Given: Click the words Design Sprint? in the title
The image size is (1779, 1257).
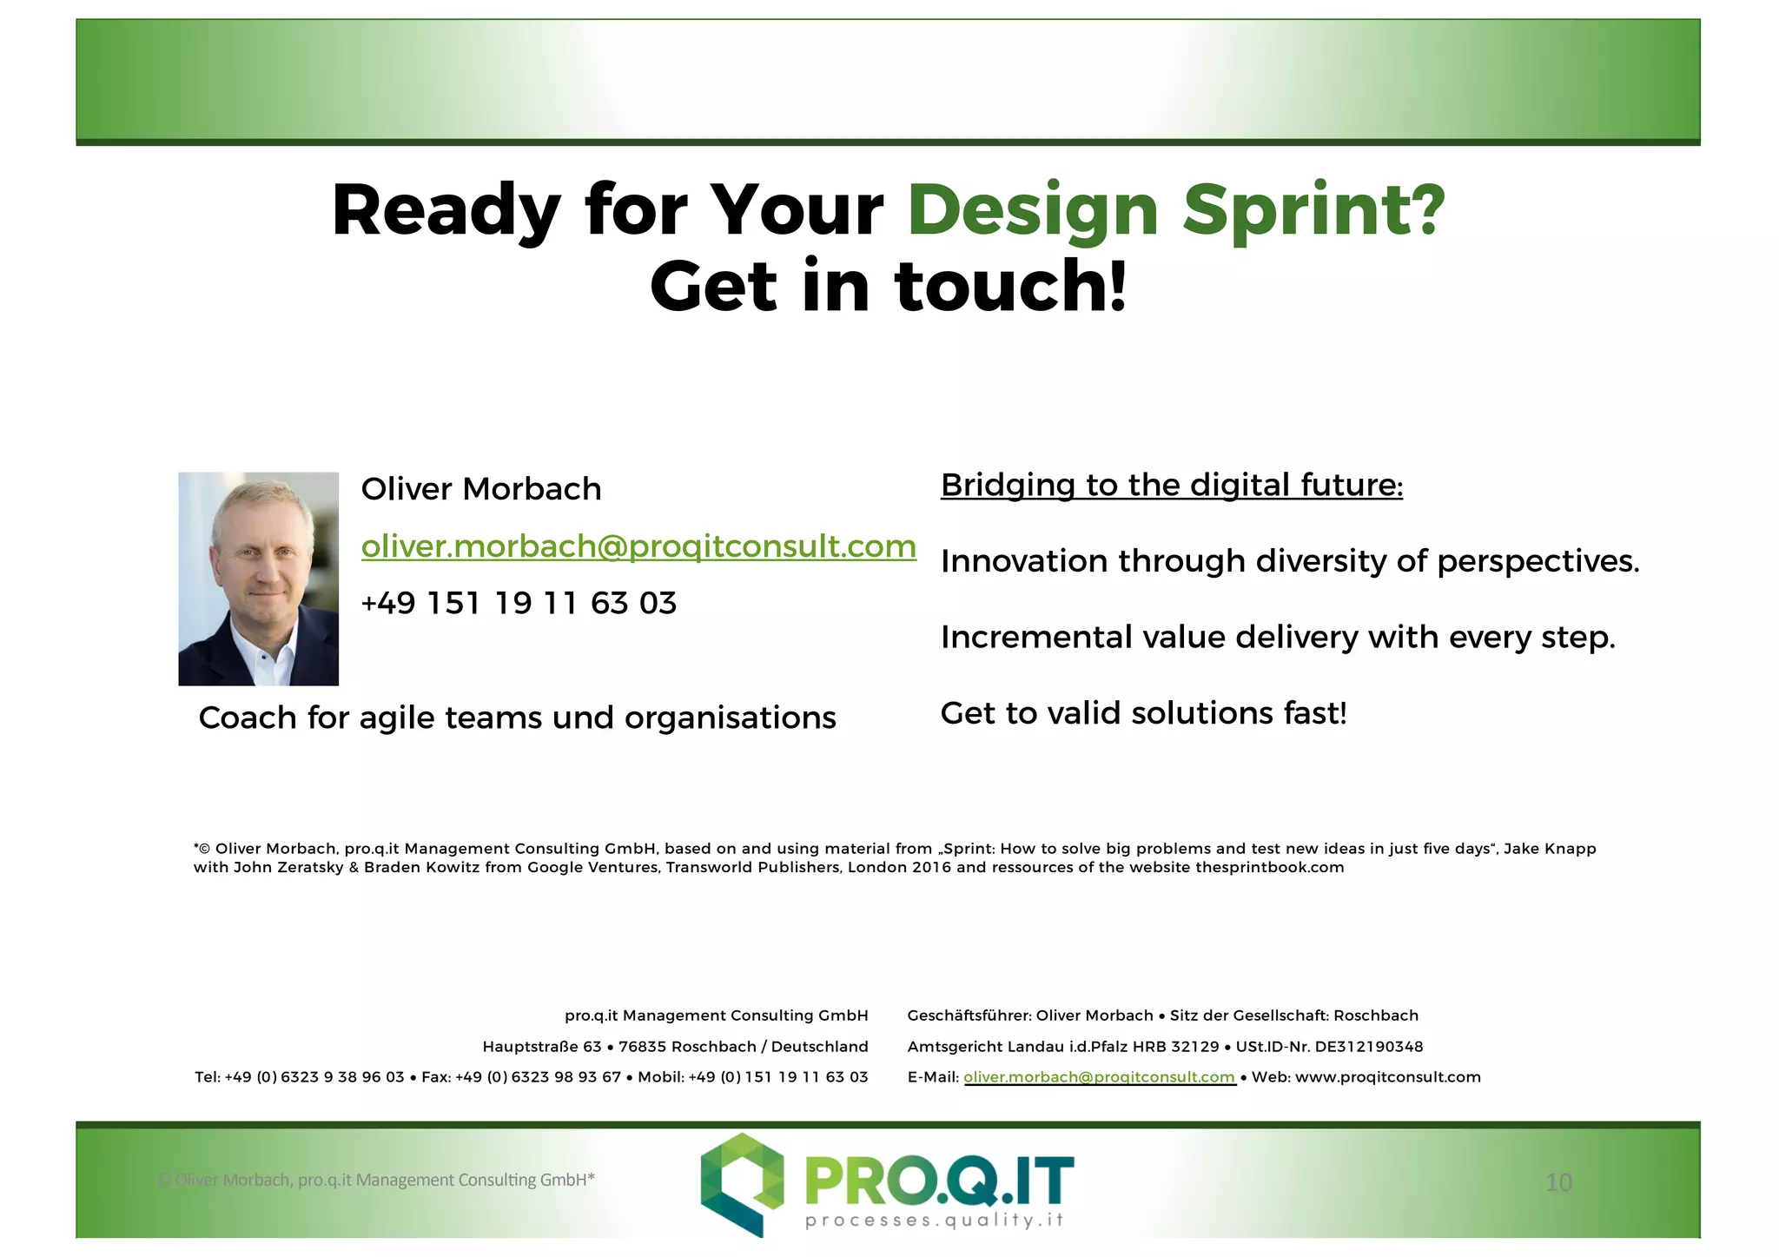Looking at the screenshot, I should coord(1175,211).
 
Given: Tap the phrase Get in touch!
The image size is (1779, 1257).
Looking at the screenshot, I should coord(888,288).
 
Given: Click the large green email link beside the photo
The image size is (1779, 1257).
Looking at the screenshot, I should coord(638,546).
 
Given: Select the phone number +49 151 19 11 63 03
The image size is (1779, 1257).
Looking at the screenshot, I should coord(519,603).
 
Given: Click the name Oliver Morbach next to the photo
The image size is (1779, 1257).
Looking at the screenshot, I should coord(481,489).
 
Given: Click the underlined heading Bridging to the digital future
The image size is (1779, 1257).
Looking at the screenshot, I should coord(1171,485).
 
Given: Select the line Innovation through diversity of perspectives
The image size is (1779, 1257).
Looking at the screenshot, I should coord(1290,561).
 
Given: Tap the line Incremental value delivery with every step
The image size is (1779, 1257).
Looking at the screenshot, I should coord(1278,638).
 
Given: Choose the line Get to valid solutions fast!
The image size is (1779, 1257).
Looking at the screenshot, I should coord(1143,713).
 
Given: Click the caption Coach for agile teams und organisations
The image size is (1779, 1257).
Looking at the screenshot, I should coord(517,718).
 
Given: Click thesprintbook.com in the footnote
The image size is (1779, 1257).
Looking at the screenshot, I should coord(1269,867).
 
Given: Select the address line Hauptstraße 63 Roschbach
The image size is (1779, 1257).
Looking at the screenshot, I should coord(675,1047).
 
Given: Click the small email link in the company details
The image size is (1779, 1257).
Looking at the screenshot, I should coord(1099,1077).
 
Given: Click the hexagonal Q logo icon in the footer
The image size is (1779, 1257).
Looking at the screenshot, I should coord(742,1183).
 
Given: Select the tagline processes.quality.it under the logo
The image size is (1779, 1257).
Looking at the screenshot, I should coord(934,1221).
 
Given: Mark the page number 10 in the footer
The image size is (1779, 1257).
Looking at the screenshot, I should coord(1558,1182).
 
